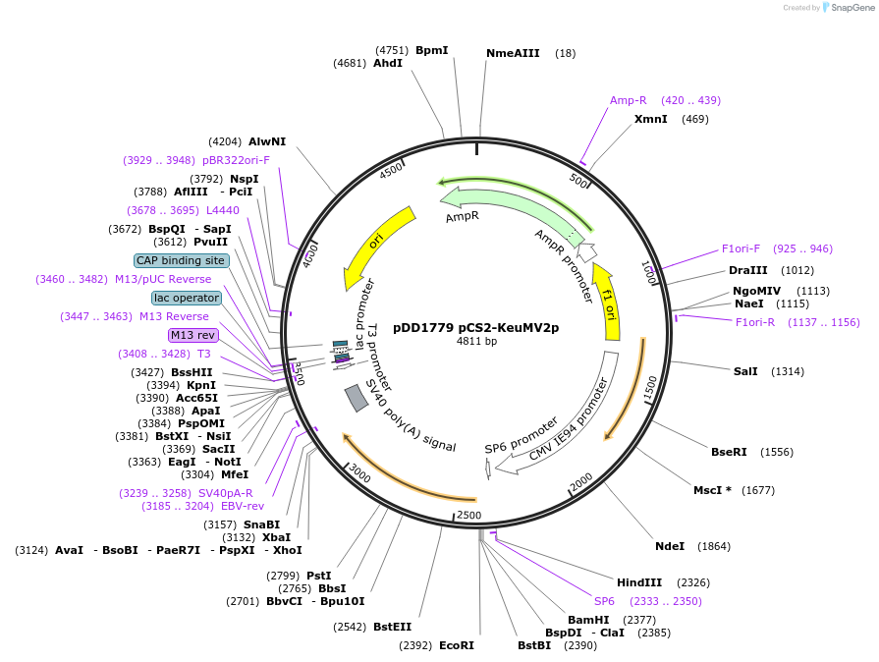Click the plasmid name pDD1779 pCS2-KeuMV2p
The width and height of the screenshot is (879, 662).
pyautogui.click(x=476, y=328)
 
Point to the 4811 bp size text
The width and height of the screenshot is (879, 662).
pyautogui.click(x=476, y=342)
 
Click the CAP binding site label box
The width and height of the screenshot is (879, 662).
pyautogui.click(x=181, y=260)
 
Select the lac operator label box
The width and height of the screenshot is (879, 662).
pyautogui.click(x=186, y=298)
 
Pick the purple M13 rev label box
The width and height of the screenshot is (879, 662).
pyautogui.click(x=192, y=335)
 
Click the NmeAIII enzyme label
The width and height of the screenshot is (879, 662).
pyautogui.click(x=513, y=53)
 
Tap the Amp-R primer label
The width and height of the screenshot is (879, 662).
pyautogui.click(x=628, y=100)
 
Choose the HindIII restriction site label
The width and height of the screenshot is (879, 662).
pyautogui.click(x=639, y=582)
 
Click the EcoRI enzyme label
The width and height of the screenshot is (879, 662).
pyautogui.click(x=456, y=645)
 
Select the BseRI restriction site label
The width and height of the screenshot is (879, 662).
pyautogui.click(x=729, y=452)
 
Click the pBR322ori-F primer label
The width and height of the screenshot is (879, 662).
pyautogui.click(x=236, y=160)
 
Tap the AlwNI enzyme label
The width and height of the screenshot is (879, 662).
pyautogui.click(x=267, y=141)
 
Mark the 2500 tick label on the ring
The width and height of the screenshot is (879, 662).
pyautogui.click(x=469, y=515)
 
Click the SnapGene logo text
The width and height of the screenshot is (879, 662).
pyautogui.click(x=850, y=8)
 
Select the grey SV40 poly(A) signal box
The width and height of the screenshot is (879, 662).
pyautogui.click(x=357, y=398)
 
